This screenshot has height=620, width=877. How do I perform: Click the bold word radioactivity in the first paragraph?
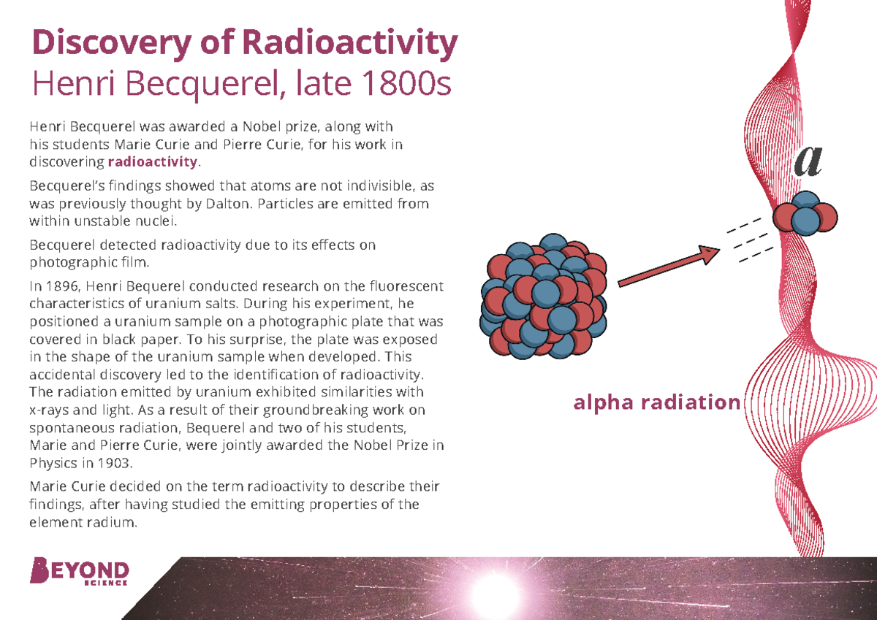tap(153, 161)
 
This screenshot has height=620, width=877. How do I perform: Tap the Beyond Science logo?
tap(80, 572)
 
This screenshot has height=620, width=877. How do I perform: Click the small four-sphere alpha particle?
tap(805, 214)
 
